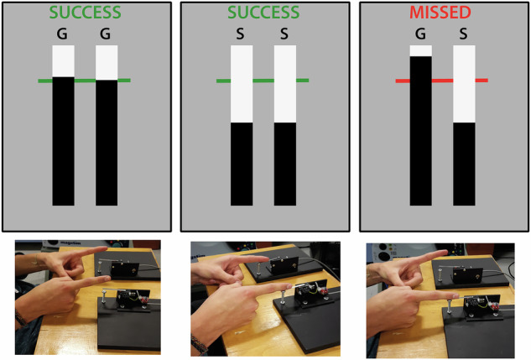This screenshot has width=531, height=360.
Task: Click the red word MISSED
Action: [440, 13]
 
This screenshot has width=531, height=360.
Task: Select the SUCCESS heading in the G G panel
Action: [85, 13]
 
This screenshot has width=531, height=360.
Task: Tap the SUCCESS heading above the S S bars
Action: [263, 13]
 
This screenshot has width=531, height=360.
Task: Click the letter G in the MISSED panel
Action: [420, 34]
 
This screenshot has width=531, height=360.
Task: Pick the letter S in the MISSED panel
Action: [463, 34]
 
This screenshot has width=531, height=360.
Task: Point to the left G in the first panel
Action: [62, 34]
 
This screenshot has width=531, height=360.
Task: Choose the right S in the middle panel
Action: [284, 34]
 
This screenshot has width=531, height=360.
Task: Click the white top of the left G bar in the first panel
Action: [63, 61]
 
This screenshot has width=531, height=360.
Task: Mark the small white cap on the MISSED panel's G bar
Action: [420, 51]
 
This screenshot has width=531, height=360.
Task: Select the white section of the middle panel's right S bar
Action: [285, 84]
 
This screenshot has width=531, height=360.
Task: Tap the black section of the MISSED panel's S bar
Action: [464, 164]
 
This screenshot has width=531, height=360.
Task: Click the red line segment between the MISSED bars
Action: [442, 81]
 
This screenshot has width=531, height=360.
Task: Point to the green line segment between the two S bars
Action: [263, 81]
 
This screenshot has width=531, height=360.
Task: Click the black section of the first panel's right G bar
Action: [107, 143]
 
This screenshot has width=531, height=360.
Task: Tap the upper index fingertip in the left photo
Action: [105, 249]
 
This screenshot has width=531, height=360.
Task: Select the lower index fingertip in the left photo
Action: [107, 279]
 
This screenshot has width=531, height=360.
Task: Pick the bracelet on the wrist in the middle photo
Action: [200, 344]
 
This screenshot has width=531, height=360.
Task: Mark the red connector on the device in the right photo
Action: [495, 305]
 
